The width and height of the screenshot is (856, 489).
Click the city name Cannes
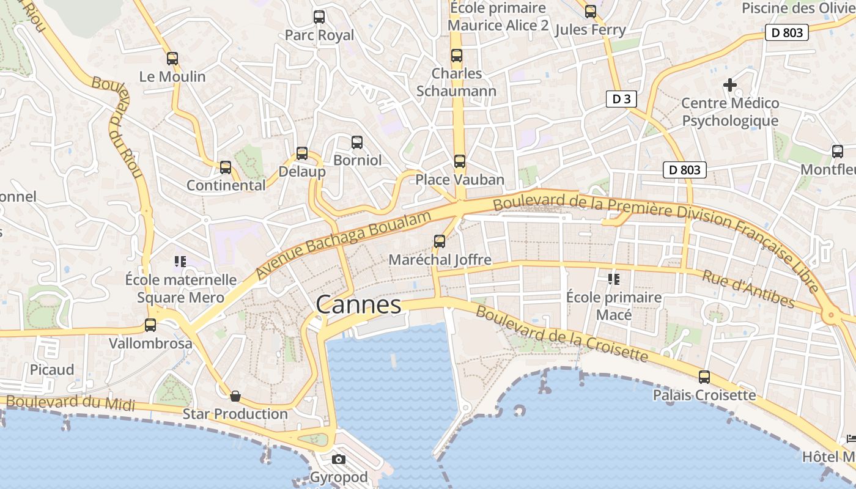(x=358, y=304)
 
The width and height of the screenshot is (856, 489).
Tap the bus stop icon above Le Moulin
(x=172, y=59)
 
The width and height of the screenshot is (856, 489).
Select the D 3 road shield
(x=622, y=99)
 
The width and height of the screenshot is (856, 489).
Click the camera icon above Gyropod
(x=339, y=459)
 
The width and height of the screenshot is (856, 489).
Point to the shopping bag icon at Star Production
(x=235, y=396)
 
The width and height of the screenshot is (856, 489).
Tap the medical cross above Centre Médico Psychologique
(x=730, y=85)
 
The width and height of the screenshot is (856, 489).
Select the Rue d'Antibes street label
(x=748, y=289)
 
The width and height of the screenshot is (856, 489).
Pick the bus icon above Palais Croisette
(x=704, y=377)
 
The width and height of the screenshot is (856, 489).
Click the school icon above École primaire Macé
(x=614, y=279)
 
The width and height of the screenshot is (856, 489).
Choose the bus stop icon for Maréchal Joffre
(x=440, y=241)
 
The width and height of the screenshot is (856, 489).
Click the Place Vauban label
(x=460, y=180)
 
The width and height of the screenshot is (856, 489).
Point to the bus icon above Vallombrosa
(x=150, y=325)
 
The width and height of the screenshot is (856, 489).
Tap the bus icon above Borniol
(x=357, y=142)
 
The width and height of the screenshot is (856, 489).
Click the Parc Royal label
(x=320, y=35)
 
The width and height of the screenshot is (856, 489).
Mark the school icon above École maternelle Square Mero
(x=180, y=262)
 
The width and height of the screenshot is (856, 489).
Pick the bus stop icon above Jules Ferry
(x=591, y=12)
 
